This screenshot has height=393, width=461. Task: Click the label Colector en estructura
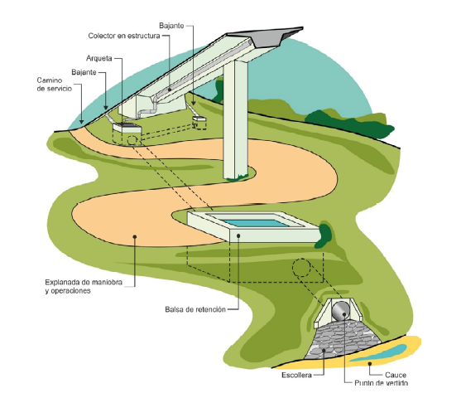point(124,36)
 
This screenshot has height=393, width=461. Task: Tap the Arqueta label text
point(99,58)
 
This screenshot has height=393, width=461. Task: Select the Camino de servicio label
point(55,85)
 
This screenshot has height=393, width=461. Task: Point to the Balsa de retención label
point(195,309)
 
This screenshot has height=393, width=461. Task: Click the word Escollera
point(296,375)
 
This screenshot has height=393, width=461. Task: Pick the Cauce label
point(396,375)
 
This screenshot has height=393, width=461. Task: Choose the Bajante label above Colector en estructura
point(171,26)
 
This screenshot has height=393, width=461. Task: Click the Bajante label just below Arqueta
point(84,72)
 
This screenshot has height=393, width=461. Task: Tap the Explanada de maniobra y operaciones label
point(84,286)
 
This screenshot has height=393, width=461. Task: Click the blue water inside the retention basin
point(252,223)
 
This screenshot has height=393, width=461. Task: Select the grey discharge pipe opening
point(341,311)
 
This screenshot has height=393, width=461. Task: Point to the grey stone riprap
point(343,340)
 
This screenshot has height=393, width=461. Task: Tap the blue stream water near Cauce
point(379,352)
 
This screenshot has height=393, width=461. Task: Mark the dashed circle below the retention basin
point(301,268)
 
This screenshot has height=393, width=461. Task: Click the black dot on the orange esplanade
point(135,236)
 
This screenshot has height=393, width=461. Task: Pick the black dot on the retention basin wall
point(238,236)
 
